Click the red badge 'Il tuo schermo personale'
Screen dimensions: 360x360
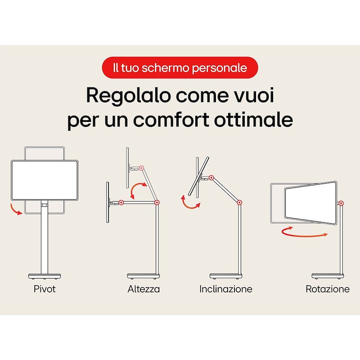point(180,68)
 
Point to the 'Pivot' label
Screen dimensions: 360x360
point(45,289)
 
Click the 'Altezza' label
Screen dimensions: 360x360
point(144,289)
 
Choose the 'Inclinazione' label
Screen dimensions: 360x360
point(226,289)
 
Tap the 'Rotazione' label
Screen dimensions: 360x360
point(328,289)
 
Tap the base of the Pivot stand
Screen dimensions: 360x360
point(45,275)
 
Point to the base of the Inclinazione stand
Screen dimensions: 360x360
point(226,275)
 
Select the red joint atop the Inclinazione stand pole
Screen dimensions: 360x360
point(238,203)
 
